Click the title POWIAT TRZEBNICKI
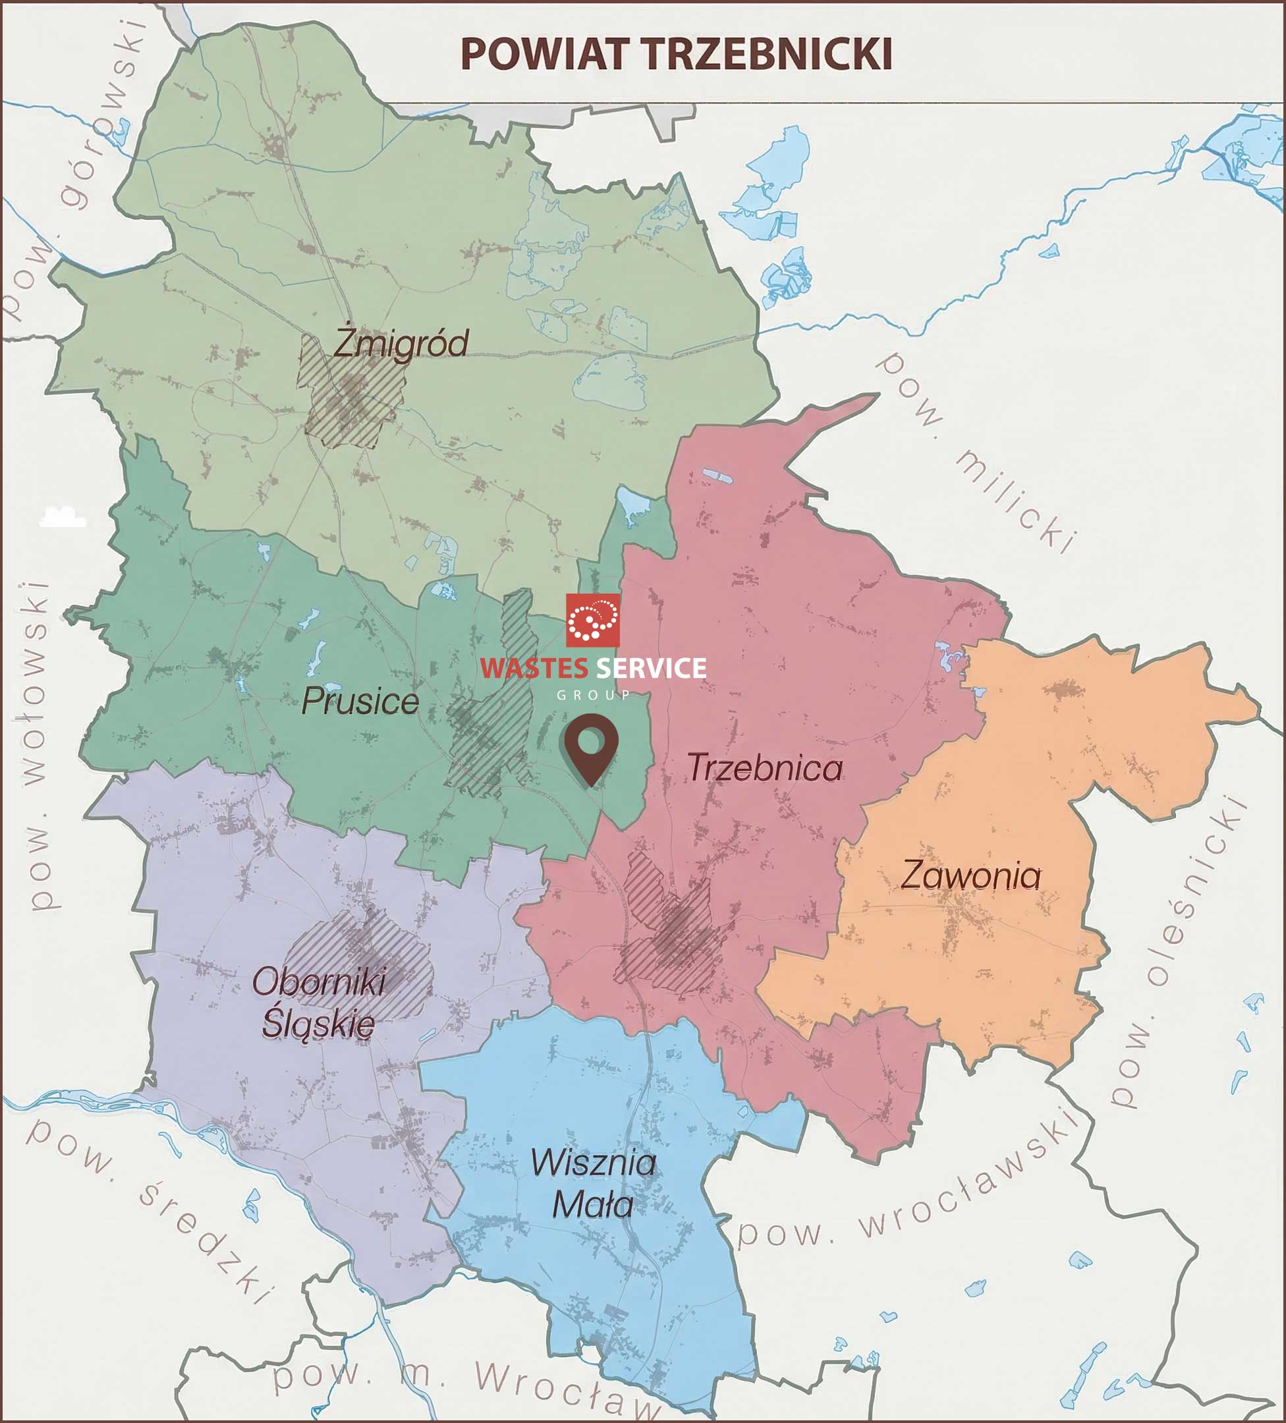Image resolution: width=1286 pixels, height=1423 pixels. [x=676, y=54]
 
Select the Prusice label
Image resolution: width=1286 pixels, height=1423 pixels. [x=360, y=702]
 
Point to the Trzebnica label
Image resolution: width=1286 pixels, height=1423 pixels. [x=765, y=768]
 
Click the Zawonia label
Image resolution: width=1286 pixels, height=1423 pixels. [x=970, y=877]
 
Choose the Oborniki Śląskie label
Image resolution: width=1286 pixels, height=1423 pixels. [x=319, y=1003]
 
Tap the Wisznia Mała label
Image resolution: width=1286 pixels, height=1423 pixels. [x=593, y=1184]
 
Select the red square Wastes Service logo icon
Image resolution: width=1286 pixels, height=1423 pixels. [x=593, y=620]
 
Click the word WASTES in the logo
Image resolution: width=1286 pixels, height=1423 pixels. [x=534, y=669]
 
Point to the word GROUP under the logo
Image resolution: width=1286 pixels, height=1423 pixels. [x=593, y=695]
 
